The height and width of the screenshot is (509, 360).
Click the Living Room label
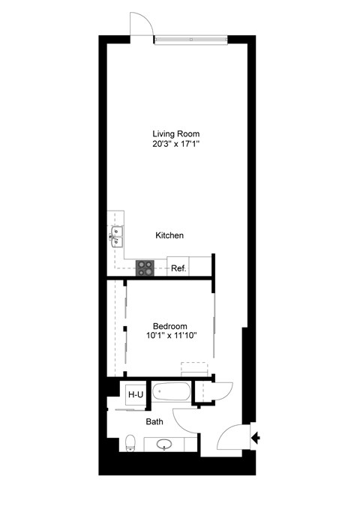pyautogui.click(x=175, y=134)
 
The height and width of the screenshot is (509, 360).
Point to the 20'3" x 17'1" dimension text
pyautogui.click(x=175, y=145)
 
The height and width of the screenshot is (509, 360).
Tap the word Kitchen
pyautogui.click(x=169, y=235)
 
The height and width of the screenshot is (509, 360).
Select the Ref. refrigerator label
pyautogui.click(x=178, y=268)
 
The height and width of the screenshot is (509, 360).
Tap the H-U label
pyautogui.click(x=135, y=394)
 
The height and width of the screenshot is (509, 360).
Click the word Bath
pyautogui.click(x=154, y=422)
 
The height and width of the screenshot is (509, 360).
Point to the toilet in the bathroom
pyautogui.click(x=130, y=442)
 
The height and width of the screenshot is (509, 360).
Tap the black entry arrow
pyautogui.click(x=256, y=438)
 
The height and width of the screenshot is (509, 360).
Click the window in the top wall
pyautogui.click(x=190, y=37)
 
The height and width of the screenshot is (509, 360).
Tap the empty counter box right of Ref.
pyautogui.click(x=199, y=266)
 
